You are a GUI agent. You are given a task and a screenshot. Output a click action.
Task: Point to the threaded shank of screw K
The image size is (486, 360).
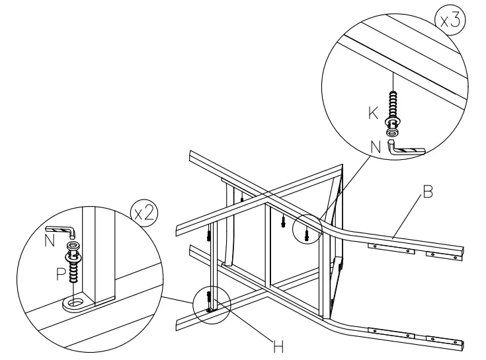[x=394, y=105]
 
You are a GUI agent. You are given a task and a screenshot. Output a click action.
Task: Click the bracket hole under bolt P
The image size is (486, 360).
[x=74, y=303]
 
